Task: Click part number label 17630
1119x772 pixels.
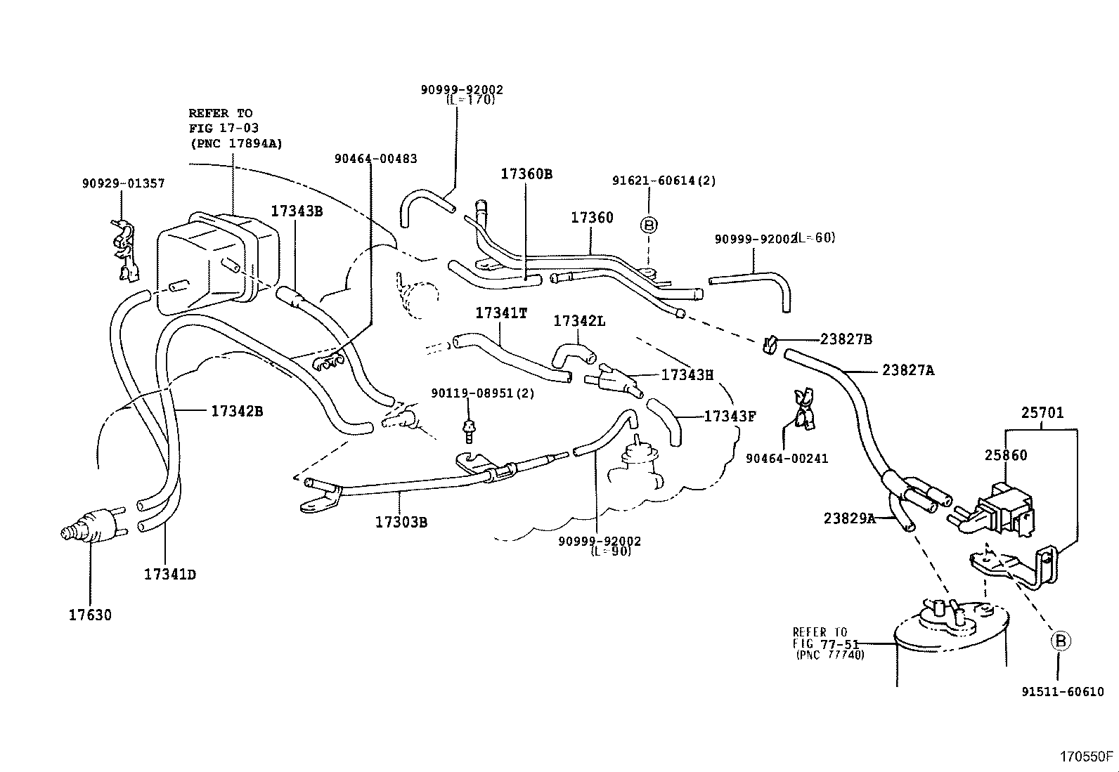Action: point(89,615)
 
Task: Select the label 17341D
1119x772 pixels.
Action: point(169,575)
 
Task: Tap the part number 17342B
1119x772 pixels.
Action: point(237,411)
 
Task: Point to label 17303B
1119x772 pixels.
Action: point(401,522)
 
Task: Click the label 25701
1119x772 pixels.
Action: point(1042,413)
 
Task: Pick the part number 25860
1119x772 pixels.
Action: point(1005,455)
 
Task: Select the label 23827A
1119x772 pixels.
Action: point(908,370)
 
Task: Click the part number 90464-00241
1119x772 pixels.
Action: point(787,459)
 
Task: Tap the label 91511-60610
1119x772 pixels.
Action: point(1062,692)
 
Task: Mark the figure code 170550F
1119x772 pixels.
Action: point(1087,757)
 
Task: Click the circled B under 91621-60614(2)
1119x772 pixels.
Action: point(649,225)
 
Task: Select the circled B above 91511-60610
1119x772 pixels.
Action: point(1061,641)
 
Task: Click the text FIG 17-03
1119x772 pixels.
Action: point(223,128)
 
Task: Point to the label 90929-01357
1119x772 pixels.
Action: point(123,183)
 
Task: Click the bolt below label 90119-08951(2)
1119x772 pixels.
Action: point(467,430)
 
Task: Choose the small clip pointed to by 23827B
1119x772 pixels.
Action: point(768,344)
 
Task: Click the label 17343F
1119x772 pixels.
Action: point(729,417)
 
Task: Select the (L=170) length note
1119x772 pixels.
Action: point(471,100)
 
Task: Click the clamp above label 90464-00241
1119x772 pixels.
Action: point(803,409)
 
